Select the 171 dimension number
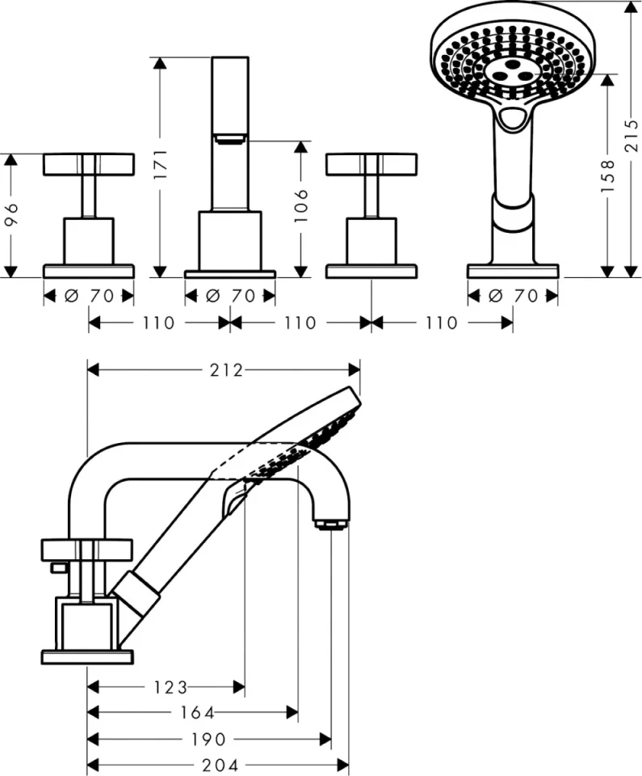(x=160, y=166)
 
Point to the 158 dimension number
(x=608, y=175)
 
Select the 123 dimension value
(x=170, y=687)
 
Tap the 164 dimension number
(x=198, y=713)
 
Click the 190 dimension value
(x=209, y=739)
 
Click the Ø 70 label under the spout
(x=229, y=296)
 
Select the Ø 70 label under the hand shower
(x=513, y=296)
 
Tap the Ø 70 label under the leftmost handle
(x=89, y=296)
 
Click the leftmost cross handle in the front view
(x=88, y=164)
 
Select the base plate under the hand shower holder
(x=513, y=271)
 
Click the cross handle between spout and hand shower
(x=371, y=164)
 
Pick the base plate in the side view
(x=87, y=656)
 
